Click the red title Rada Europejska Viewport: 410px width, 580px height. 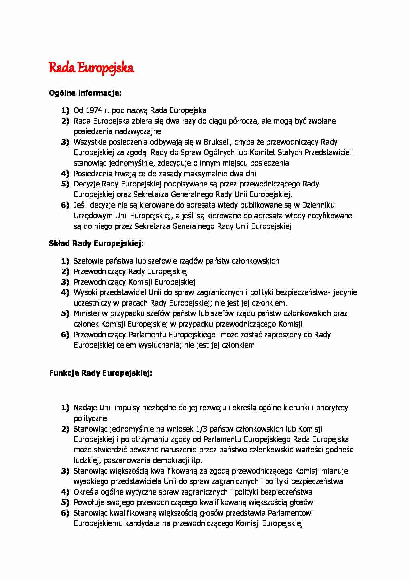[x=91, y=68]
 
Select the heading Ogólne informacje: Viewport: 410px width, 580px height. [x=85, y=93]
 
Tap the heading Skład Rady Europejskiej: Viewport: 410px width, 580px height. [x=96, y=244]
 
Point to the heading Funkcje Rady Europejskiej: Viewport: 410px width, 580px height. [x=101, y=373]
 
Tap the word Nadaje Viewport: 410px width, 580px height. [x=85, y=408]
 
